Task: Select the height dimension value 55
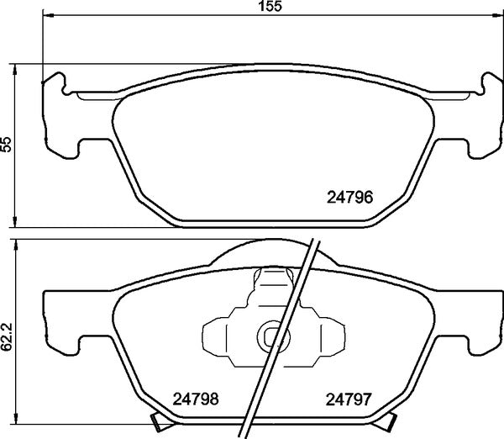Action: coord(7,145)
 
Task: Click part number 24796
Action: coord(349,198)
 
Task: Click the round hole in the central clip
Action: coord(273,336)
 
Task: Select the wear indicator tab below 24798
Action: coord(157,421)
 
